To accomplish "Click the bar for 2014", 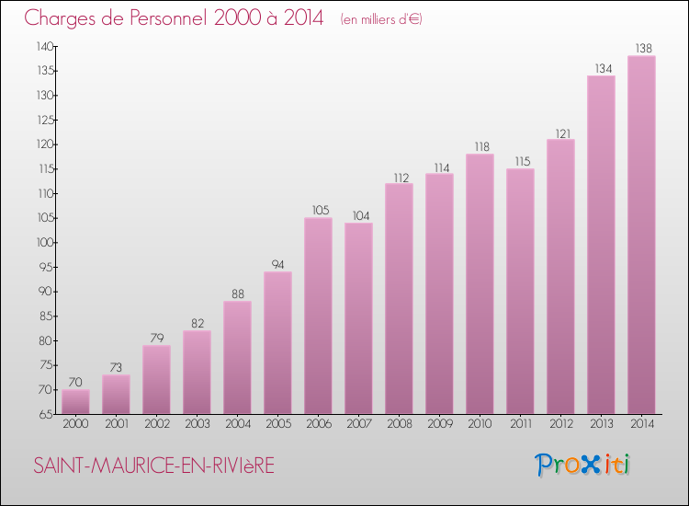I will [641, 235].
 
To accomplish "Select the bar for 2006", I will [318, 316].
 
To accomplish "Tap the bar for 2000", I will [75, 401].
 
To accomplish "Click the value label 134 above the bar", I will [601, 67].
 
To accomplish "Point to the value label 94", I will [277, 264].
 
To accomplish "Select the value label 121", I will [560, 132].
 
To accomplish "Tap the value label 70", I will [75, 382].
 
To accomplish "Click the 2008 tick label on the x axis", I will [399, 424].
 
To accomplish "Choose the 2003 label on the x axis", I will [197, 424].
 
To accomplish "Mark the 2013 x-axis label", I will [601, 424].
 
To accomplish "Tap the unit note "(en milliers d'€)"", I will [380, 18].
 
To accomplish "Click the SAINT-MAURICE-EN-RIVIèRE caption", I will [153, 466].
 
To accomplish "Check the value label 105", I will [318, 210].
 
